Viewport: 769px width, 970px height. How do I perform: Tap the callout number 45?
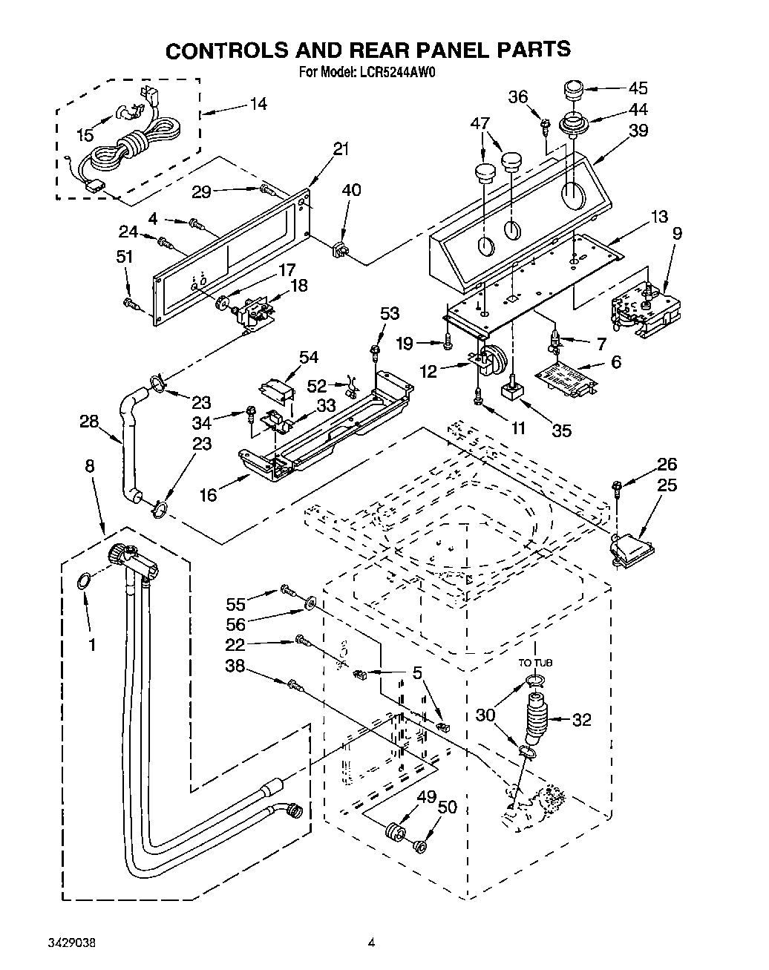(638, 88)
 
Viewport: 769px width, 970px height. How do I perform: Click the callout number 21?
(341, 149)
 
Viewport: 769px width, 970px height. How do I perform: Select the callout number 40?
(351, 190)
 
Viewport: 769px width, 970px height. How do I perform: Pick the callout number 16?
(209, 494)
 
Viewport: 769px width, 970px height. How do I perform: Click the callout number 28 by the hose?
(90, 422)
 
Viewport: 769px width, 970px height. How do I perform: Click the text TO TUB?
(535, 663)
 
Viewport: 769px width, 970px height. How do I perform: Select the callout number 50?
(447, 807)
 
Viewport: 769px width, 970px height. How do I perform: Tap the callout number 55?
(236, 585)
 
